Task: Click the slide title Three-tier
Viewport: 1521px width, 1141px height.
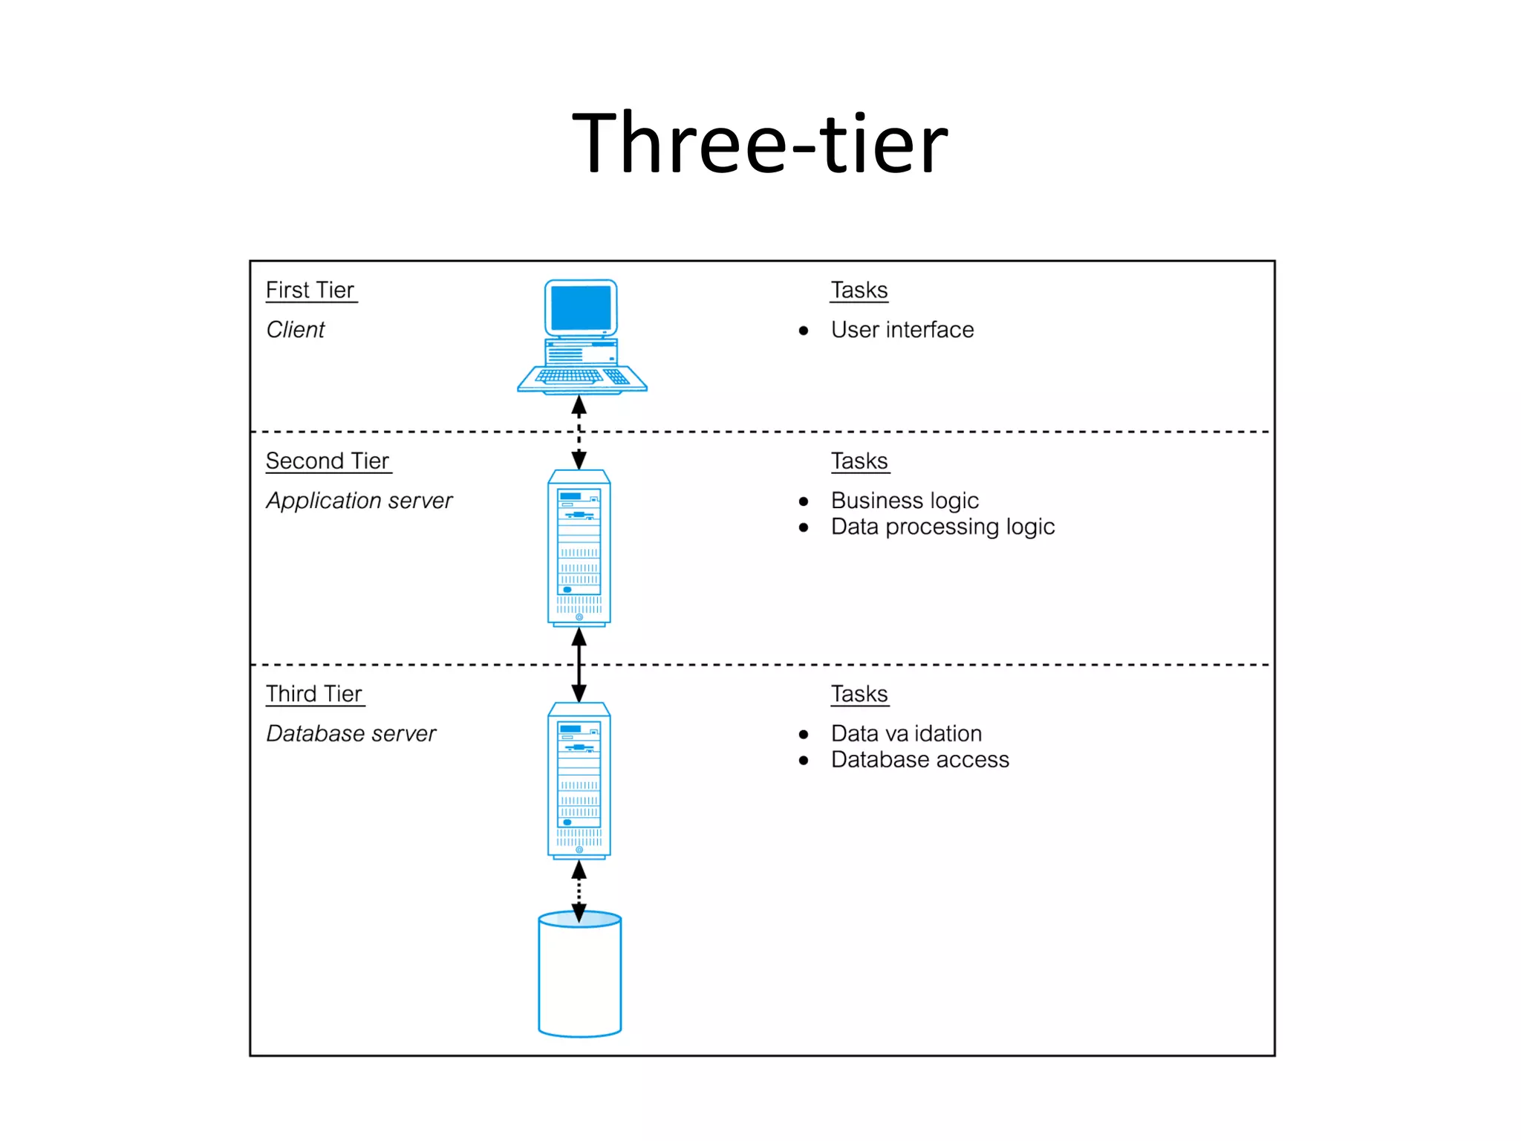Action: coord(760,143)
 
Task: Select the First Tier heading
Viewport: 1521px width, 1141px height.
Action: coord(310,290)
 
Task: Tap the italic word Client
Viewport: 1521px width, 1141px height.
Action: coord(295,330)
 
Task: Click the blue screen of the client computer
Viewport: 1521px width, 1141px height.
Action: coord(581,308)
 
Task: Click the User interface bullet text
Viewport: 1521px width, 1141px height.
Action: coord(902,330)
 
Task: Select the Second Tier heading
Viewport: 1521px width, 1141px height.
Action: coord(328,461)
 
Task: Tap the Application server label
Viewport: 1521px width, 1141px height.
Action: coord(359,501)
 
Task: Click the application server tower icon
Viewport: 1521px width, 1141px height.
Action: coord(579,548)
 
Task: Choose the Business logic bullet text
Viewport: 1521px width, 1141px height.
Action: coord(905,501)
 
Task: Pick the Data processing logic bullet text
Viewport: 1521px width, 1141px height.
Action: coord(942,527)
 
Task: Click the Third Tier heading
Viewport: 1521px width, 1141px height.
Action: coord(314,694)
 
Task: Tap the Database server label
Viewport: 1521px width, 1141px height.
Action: coord(351,734)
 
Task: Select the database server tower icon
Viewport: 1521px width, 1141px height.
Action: coord(579,781)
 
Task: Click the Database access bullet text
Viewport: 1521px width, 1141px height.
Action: coord(919,760)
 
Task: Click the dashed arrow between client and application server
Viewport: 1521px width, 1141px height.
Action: coord(579,432)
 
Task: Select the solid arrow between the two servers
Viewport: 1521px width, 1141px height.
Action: coord(579,665)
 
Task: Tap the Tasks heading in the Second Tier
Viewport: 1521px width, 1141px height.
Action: coord(859,461)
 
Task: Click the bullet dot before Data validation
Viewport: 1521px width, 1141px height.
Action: coord(804,735)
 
